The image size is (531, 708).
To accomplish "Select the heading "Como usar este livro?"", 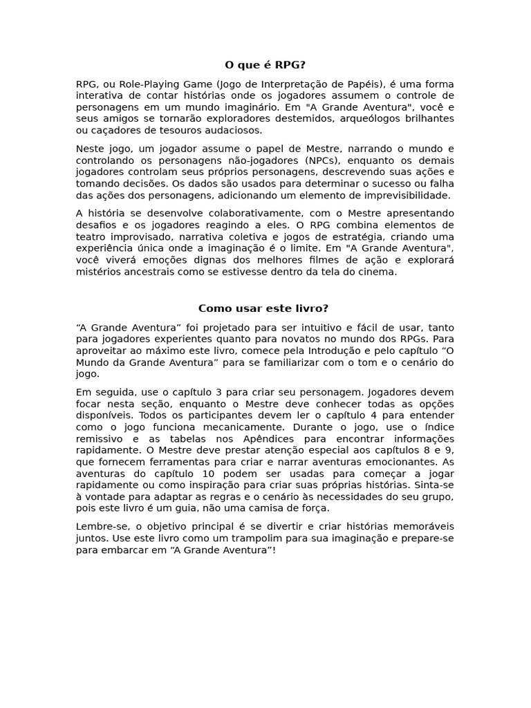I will pos(263,308).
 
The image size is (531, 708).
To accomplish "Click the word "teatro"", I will pos(91,236).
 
